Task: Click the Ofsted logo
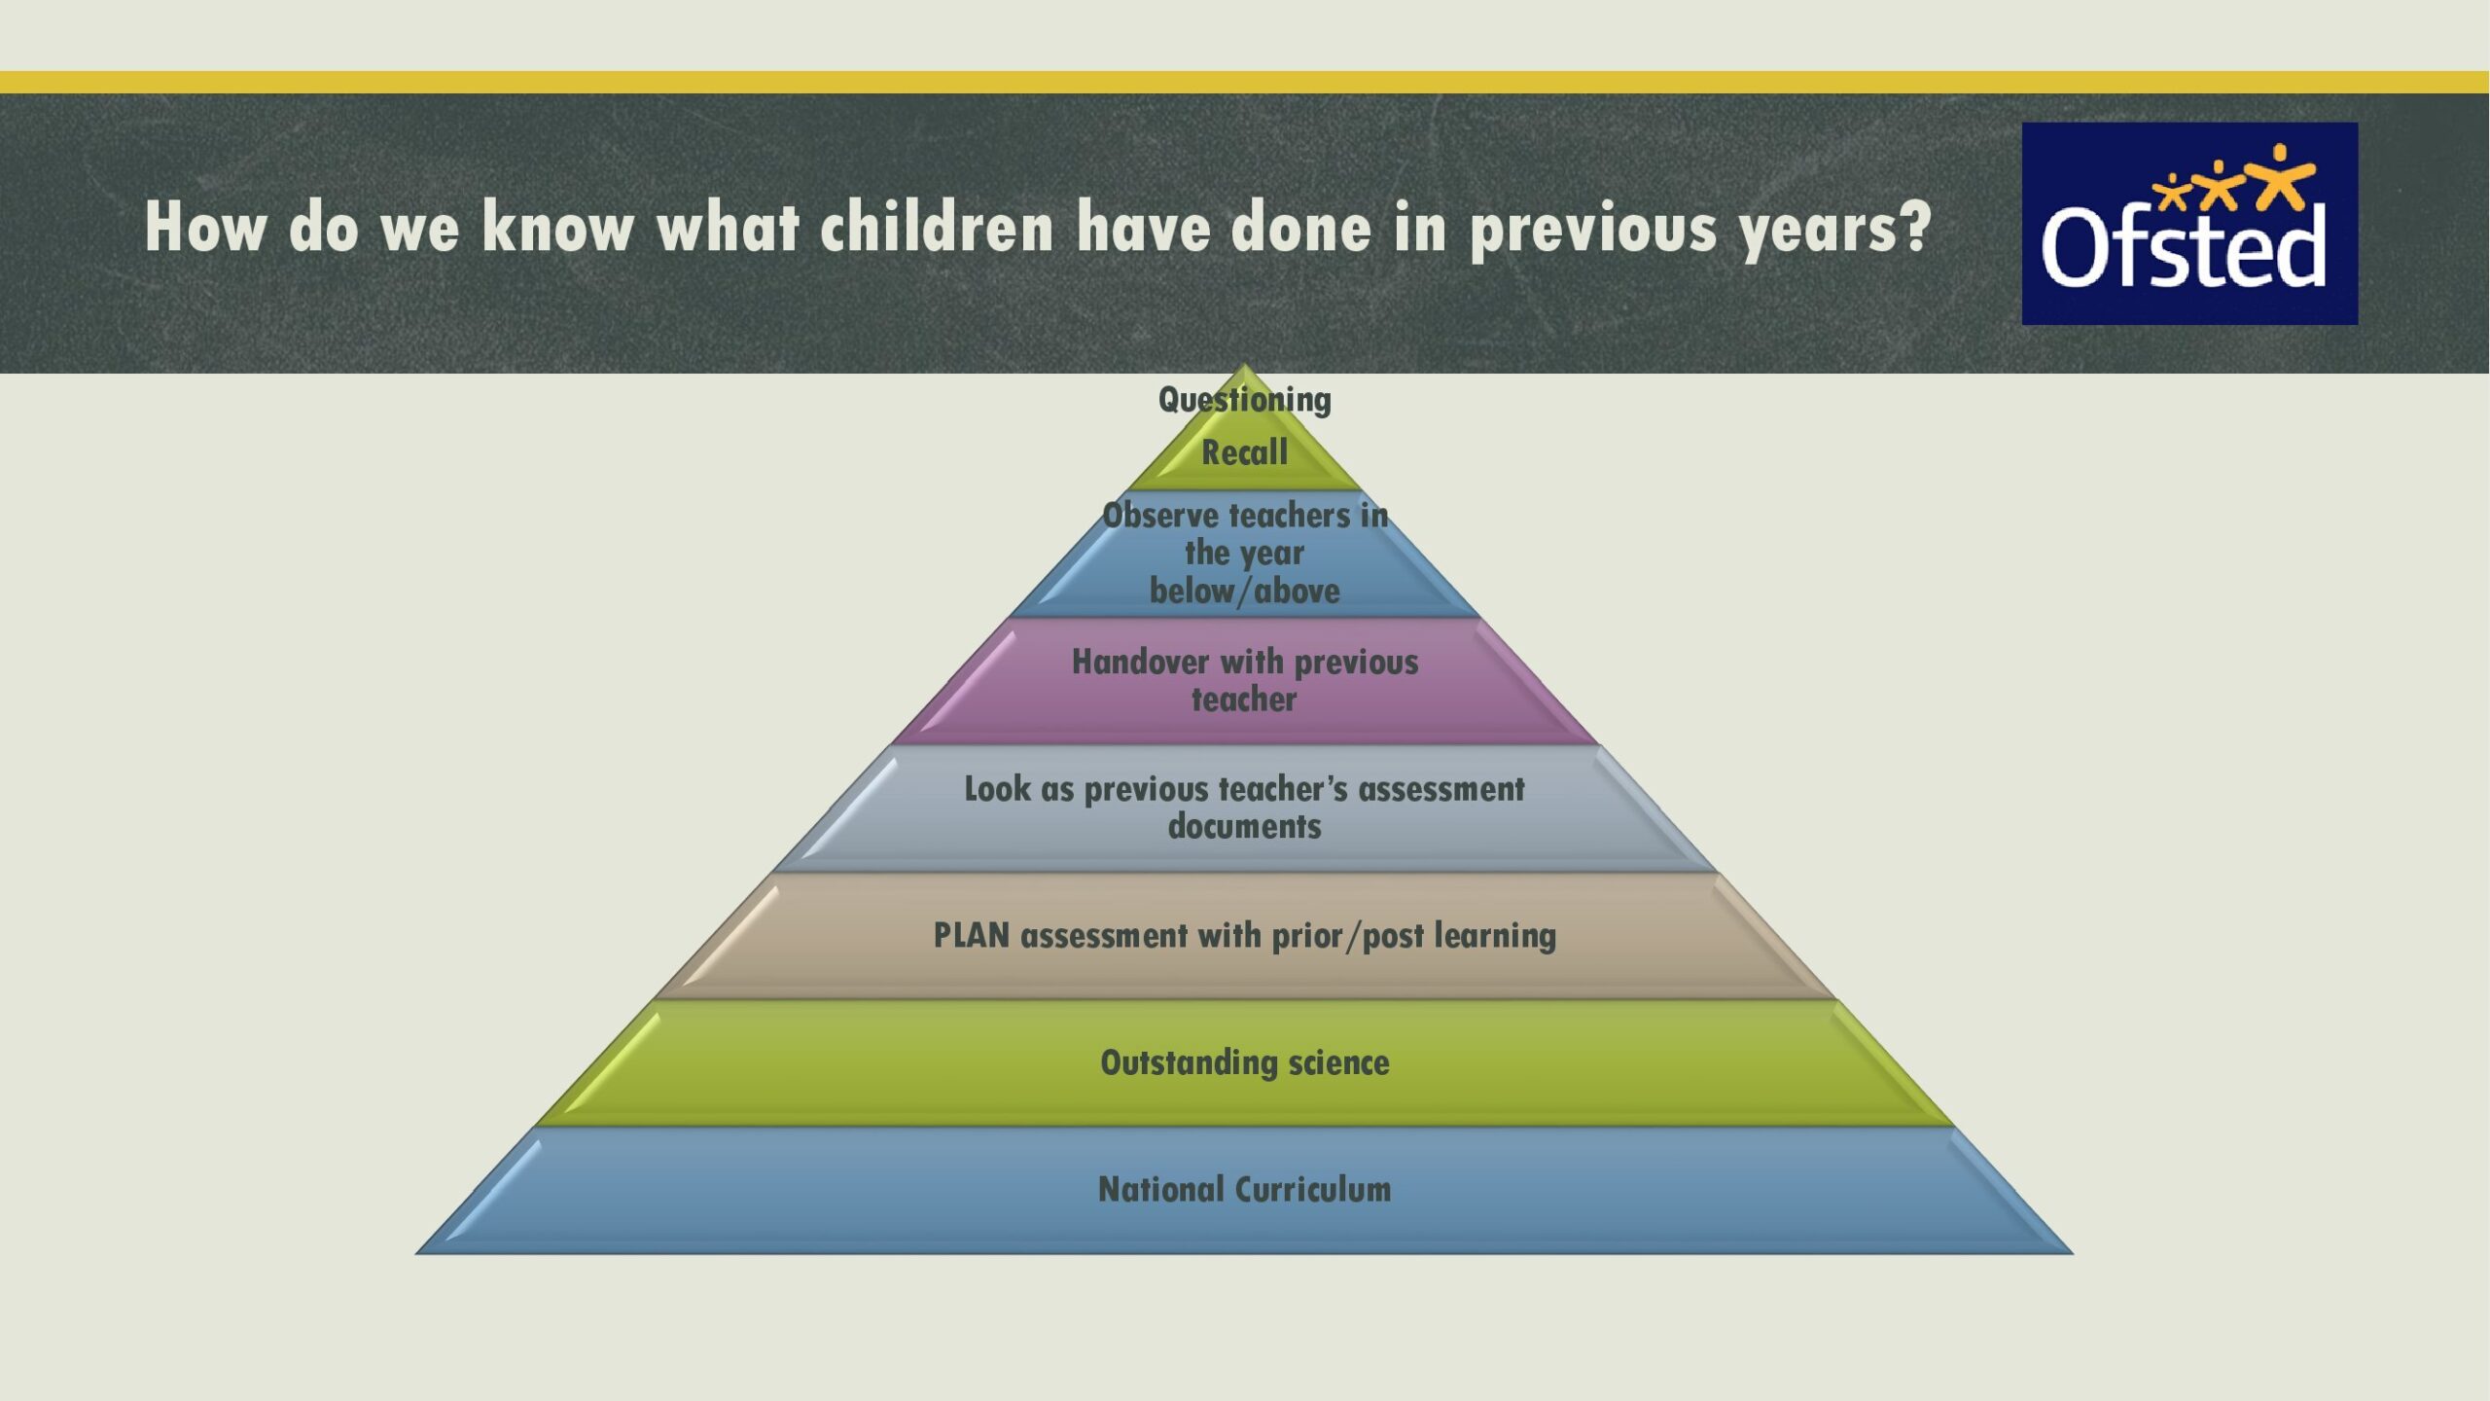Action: click(x=2189, y=223)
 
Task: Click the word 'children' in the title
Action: click(x=938, y=228)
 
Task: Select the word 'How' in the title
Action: click(x=205, y=228)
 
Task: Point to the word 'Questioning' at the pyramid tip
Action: click(x=1245, y=400)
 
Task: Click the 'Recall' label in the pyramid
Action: click(x=1245, y=452)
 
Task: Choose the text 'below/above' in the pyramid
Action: click(x=1245, y=591)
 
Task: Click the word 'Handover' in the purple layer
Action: click(x=1140, y=662)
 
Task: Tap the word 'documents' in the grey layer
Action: click(x=1245, y=826)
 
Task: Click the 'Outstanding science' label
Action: click(x=1245, y=1062)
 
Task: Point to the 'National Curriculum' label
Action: click(x=1245, y=1189)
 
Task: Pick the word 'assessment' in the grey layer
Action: click(x=1441, y=789)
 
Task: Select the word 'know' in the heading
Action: click(x=558, y=228)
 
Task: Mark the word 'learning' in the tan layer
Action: click(x=1496, y=936)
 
